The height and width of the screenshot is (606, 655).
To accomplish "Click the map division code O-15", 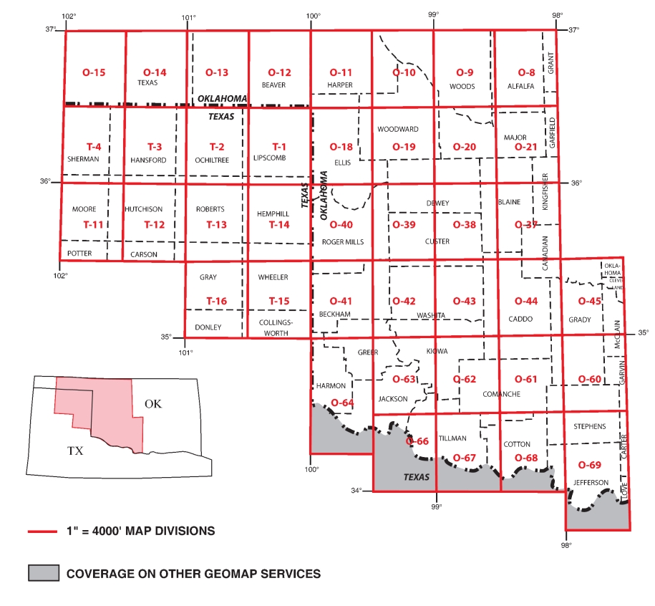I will point(94,72).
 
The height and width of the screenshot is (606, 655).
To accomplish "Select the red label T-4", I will point(93,147).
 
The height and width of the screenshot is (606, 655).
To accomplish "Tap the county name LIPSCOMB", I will point(269,160).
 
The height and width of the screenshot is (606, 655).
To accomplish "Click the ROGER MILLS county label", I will point(343,242).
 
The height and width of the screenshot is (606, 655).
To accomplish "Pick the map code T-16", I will point(216,301).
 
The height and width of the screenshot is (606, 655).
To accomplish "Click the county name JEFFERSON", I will point(591,482).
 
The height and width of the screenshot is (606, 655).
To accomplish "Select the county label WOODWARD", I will point(397,130).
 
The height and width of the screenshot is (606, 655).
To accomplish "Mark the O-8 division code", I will point(526,72).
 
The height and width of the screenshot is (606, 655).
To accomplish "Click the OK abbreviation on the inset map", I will point(153,404).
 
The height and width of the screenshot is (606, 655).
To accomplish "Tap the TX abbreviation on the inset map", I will point(75,451).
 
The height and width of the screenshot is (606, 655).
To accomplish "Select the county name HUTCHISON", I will point(144,209).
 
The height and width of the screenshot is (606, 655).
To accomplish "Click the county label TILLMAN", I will point(452,438).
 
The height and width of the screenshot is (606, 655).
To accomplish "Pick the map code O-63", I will point(404,379).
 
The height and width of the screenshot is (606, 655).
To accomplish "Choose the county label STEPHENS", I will point(589,426).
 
